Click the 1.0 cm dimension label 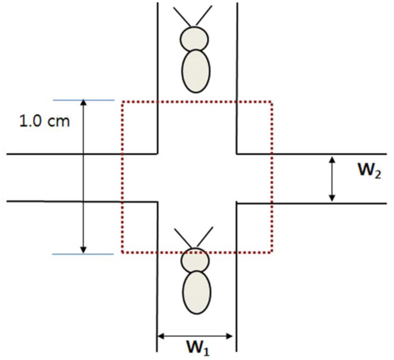click(45, 121)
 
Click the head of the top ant click(194, 39)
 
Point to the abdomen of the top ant click(195, 70)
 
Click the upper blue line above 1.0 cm click(83, 100)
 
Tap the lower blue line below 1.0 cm click(83, 253)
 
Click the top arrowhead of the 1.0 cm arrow click(83, 103)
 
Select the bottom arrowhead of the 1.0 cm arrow click(83, 250)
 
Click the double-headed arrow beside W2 click(332, 179)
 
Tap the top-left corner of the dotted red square click(122, 102)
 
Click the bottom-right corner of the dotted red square click(272, 253)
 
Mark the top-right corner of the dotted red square click(272, 102)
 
